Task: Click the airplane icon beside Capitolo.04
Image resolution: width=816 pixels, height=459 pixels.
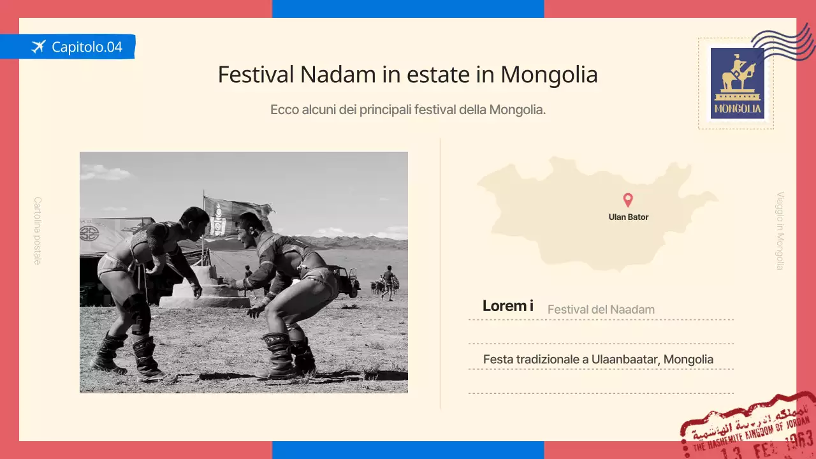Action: (x=39, y=47)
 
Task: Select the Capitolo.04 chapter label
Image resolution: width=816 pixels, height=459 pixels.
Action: (x=87, y=47)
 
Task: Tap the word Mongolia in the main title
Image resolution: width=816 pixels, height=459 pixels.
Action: (x=549, y=75)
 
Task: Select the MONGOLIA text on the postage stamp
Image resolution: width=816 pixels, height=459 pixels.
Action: (x=738, y=108)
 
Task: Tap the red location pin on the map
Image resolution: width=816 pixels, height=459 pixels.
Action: (x=628, y=200)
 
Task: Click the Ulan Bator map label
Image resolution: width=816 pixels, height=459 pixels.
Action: (x=629, y=217)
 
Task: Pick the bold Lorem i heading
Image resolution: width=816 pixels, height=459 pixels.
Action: (x=507, y=306)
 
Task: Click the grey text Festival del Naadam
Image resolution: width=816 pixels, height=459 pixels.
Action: (x=601, y=310)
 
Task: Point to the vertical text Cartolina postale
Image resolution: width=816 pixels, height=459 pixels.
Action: (x=38, y=230)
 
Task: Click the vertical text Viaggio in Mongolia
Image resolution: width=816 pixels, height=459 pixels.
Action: (x=780, y=231)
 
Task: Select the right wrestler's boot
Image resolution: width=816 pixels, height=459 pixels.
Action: (x=278, y=354)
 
